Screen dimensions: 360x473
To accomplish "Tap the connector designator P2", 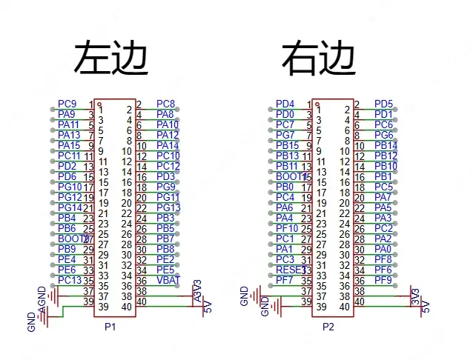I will point(330,327).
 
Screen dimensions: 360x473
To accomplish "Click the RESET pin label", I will point(288,270).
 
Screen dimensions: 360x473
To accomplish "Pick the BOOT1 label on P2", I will point(288,176).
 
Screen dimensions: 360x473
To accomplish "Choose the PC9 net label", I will point(67,104).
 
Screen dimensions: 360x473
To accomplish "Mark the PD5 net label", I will point(383,104).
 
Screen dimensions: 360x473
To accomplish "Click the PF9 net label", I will point(383,280).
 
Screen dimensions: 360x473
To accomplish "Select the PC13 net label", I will point(70,280).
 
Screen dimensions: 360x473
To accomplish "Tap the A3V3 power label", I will point(196,289).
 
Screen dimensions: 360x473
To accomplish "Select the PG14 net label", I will point(70,207).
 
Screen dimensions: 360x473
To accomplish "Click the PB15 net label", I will point(287,145).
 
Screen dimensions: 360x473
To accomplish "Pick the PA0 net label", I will point(383,249).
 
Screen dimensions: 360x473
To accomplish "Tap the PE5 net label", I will point(165,270).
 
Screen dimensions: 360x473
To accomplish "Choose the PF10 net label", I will point(287,228).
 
